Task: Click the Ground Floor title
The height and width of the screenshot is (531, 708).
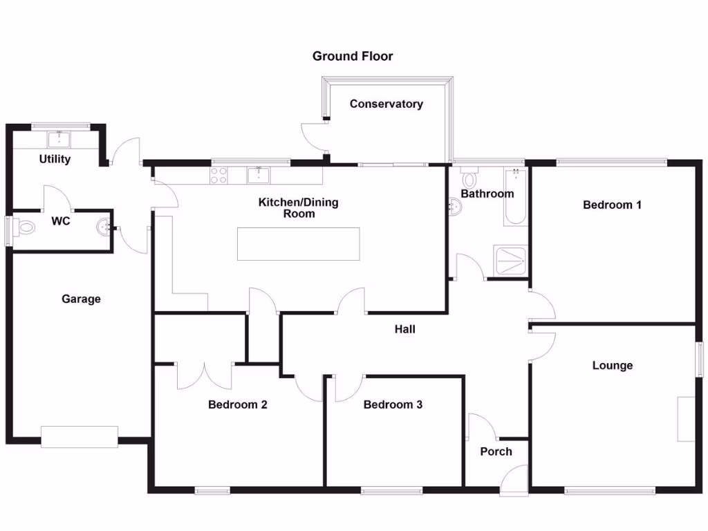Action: pyautogui.click(x=353, y=56)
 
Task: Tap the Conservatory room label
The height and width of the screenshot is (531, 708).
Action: pyautogui.click(x=386, y=104)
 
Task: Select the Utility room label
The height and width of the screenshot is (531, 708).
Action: pyautogui.click(x=55, y=159)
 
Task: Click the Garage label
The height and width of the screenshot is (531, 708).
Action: pyautogui.click(x=81, y=299)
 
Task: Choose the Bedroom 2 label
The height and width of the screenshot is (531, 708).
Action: pyautogui.click(x=238, y=404)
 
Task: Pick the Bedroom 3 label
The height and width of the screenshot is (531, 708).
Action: pyautogui.click(x=393, y=404)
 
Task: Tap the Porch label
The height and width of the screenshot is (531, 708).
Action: pyautogui.click(x=496, y=451)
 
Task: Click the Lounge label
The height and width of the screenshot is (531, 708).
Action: pyautogui.click(x=612, y=365)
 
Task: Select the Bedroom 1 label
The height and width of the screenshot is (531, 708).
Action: pyautogui.click(x=612, y=205)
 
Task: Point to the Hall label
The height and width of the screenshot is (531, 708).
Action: pyautogui.click(x=404, y=329)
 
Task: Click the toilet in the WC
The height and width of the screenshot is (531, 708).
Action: pyautogui.click(x=25, y=227)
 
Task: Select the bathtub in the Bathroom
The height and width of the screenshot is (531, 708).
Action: pyautogui.click(x=514, y=196)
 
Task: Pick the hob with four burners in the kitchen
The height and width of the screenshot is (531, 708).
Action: pyautogui.click(x=218, y=176)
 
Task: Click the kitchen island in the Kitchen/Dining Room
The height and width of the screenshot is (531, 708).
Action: pyautogui.click(x=299, y=244)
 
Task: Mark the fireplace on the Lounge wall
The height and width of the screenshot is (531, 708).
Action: pyautogui.click(x=686, y=419)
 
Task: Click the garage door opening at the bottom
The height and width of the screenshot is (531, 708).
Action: pyautogui.click(x=80, y=437)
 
